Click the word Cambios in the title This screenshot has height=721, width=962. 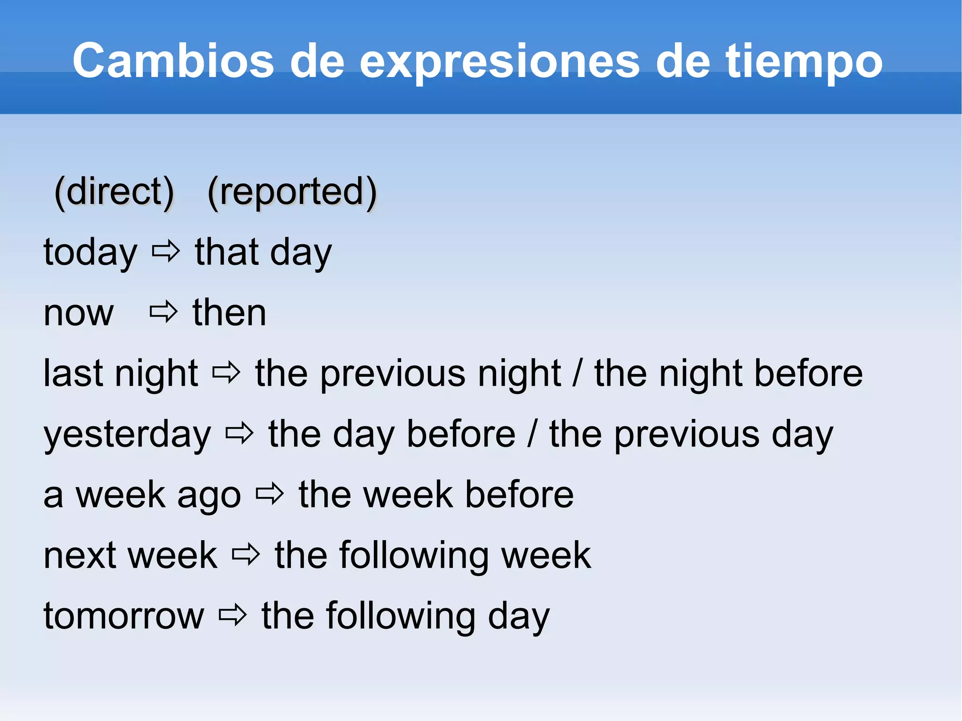173,61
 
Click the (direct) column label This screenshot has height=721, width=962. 114,192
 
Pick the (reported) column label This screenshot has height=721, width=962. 292,192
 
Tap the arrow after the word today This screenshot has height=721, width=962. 166,252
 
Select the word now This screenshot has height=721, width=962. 78,314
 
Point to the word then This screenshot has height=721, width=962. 229,313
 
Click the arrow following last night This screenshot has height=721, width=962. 226,373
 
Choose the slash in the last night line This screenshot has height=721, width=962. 577,374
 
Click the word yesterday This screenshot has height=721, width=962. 127,435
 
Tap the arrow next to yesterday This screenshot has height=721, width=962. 240,434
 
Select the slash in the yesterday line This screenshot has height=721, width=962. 532,434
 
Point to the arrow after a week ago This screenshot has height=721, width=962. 270,494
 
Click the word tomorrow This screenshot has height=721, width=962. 124,616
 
